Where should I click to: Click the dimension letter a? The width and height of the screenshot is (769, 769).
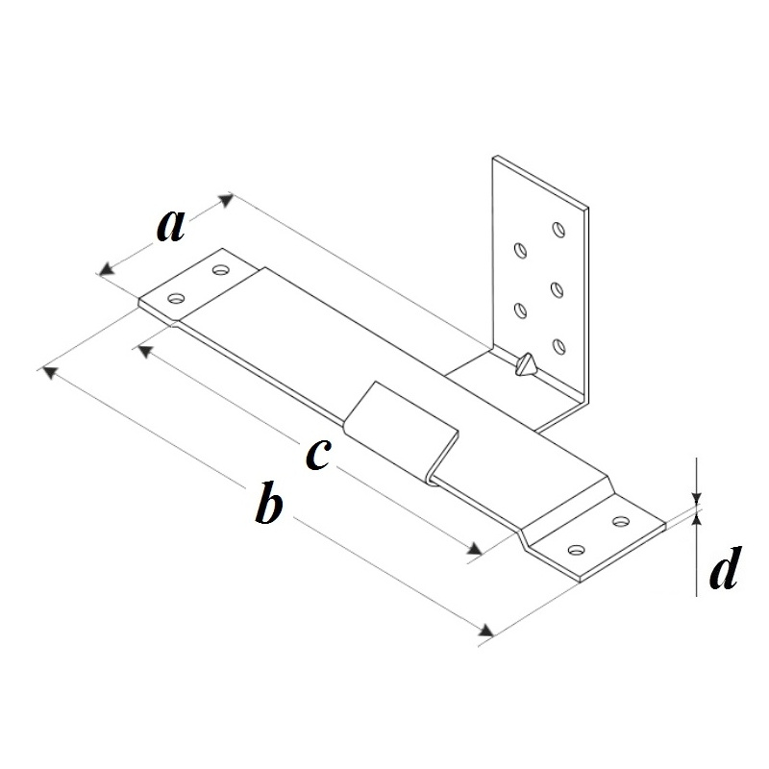coord(171,226)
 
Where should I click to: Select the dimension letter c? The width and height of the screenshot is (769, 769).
coord(318,454)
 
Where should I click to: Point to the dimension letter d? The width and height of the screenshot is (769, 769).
coord(724,567)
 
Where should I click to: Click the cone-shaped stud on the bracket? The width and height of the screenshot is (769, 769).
coord(526,364)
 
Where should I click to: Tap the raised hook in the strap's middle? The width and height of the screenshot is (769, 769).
coord(401,432)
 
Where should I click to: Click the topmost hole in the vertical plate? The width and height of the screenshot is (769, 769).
coord(558,229)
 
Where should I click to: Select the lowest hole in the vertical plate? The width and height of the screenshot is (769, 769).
coord(558,346)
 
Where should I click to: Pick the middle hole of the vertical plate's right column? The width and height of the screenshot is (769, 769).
coord(557,289)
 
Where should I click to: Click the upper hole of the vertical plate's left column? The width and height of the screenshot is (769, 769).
coord(520,250)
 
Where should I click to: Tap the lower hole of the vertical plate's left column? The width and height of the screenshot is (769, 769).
coord(520,310)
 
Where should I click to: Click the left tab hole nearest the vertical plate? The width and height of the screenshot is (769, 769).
coord(221,269)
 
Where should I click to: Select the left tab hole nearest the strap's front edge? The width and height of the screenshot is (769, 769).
coord(177,298)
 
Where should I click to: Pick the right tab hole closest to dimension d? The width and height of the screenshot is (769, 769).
coord(621,521)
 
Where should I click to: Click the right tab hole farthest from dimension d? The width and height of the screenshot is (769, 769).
coord(576,550)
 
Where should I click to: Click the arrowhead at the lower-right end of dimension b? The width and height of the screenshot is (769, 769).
coord(486,631)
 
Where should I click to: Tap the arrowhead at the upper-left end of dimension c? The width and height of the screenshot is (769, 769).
coord(143,351)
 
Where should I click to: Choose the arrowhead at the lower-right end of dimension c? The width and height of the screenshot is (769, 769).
coord(475,548)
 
